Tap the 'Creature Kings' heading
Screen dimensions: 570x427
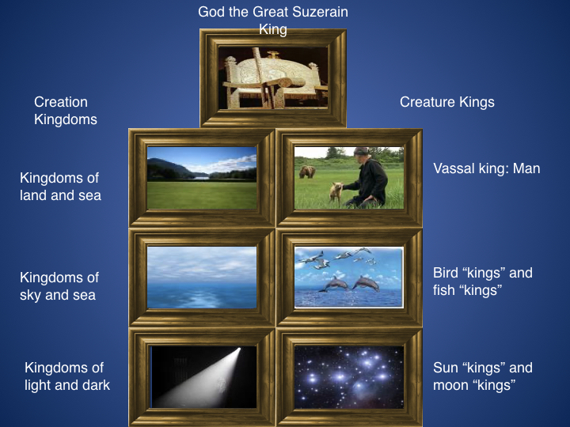(447, 102)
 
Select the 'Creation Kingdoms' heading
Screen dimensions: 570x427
(66, 111)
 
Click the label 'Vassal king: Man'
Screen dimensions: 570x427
(486, 168)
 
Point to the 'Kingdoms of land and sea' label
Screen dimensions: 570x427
(60, 187)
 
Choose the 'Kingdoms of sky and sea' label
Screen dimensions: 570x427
(59, 286)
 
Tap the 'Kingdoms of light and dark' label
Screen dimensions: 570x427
(67, 376)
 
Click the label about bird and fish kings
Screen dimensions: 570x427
(483, 282)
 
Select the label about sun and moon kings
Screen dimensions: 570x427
(483, 376)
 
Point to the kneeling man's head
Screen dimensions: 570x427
(362, 155)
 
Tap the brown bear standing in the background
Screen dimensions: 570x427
(307, 172)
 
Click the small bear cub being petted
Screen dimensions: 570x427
(336, 191)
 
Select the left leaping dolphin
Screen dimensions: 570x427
(333, 284)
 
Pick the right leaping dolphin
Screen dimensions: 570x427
(364, 283)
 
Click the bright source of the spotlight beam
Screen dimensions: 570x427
(239, 350)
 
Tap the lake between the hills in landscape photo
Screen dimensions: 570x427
(199, 178)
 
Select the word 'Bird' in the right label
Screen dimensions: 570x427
(446, 273)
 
